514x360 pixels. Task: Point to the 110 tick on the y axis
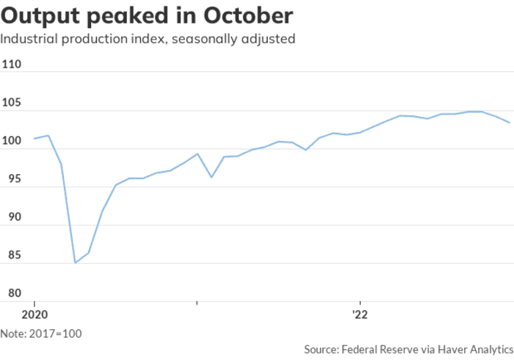pyautogui.click(x=12, y=65)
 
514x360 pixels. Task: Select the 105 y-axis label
pyautogui.click(x=12, y=103)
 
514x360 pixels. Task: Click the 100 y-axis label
pyautogui.click(x=12, y=141)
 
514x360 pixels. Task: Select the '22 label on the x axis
pyautogui.click(x=360, y=313)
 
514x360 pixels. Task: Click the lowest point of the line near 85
pyautogui.click(x=75, y=262)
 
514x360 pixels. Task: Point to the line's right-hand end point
pyautogui.click(x=510, y=122)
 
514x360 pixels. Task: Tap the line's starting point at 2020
pyautogui.click(x=34, y=138)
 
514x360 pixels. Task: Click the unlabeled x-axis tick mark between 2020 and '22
pyautogui.click(x=197, y=302)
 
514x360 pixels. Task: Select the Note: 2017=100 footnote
pyautogui.click(x=41, y=334)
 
